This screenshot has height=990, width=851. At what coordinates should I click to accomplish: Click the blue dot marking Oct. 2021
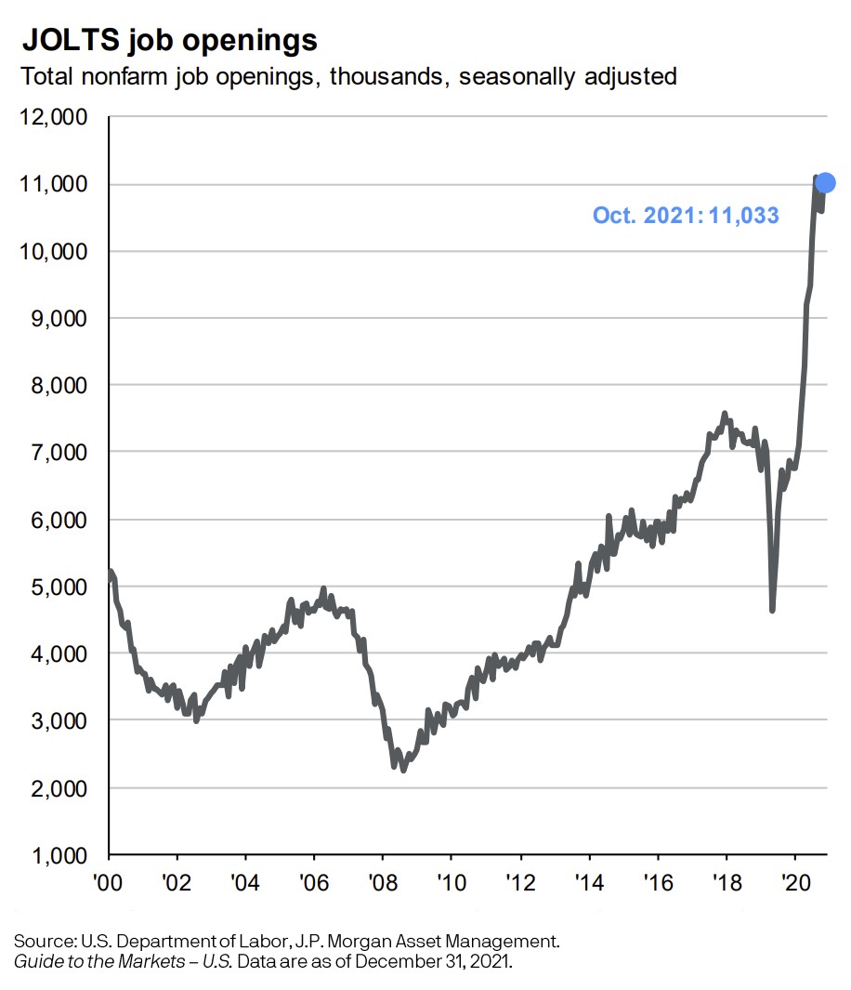[824, 182]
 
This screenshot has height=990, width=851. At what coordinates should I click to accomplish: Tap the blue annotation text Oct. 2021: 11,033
[686, 216]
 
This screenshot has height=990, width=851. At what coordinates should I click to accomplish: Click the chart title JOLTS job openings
[169, 41]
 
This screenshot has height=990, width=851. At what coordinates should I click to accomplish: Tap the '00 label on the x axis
[110, 880]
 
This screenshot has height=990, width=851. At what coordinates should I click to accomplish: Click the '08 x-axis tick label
[383, 880]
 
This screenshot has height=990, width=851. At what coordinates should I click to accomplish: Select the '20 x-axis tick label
[795, 880]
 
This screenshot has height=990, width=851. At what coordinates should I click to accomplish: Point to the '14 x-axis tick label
[589, 880]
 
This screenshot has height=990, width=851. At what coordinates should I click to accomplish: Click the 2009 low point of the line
[402, 770]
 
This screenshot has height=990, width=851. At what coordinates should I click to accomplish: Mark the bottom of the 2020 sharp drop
[772, 610]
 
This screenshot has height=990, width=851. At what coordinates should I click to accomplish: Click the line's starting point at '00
[111, 573]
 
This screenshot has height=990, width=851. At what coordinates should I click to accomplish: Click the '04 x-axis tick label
[246, 880]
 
